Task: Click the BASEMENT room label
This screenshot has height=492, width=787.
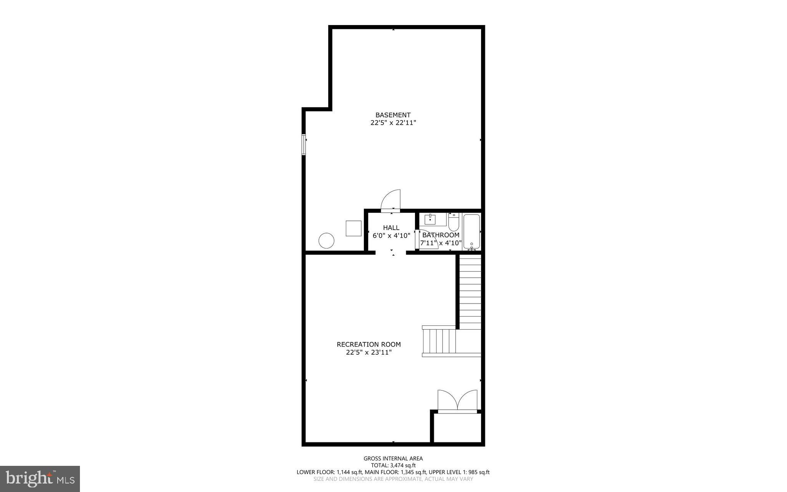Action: pos(393,115)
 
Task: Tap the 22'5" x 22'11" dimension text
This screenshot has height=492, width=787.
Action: pos(393,123)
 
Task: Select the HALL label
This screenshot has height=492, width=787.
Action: pos(391,228)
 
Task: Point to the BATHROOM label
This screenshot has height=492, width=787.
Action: pos(441,235)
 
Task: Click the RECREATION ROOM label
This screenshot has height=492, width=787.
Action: pos(369,344)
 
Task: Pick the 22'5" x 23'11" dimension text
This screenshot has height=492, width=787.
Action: pos(369,352)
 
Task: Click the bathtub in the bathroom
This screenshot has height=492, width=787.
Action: pos(472,232)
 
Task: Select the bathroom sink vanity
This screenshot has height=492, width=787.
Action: pos(432,219)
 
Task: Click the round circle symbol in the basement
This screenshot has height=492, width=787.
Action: pos(326,241)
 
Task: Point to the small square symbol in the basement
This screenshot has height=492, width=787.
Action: pos(353,228)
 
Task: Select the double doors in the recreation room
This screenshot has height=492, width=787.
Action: pos(457,401)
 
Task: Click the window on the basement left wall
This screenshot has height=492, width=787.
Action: pos(304,145)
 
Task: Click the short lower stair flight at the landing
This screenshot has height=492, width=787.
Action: pos(439,341)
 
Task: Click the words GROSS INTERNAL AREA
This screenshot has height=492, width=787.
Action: pos(393,458)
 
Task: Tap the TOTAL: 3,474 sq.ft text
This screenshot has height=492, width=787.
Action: pos(393,465)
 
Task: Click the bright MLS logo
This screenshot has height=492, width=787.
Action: pos(40,479)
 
